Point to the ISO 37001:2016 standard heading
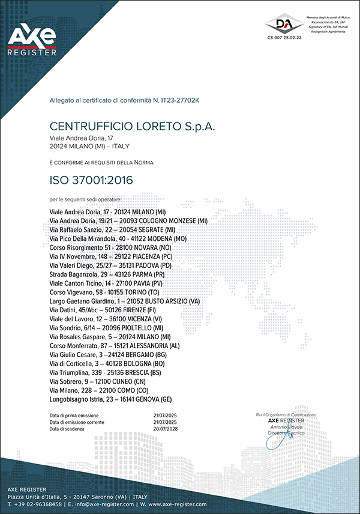pyautogui.click(x=91, y=180)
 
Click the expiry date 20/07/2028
pyautogui.click(x=166, y=429)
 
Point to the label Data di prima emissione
pyautogui.click(x=74, y=416)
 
